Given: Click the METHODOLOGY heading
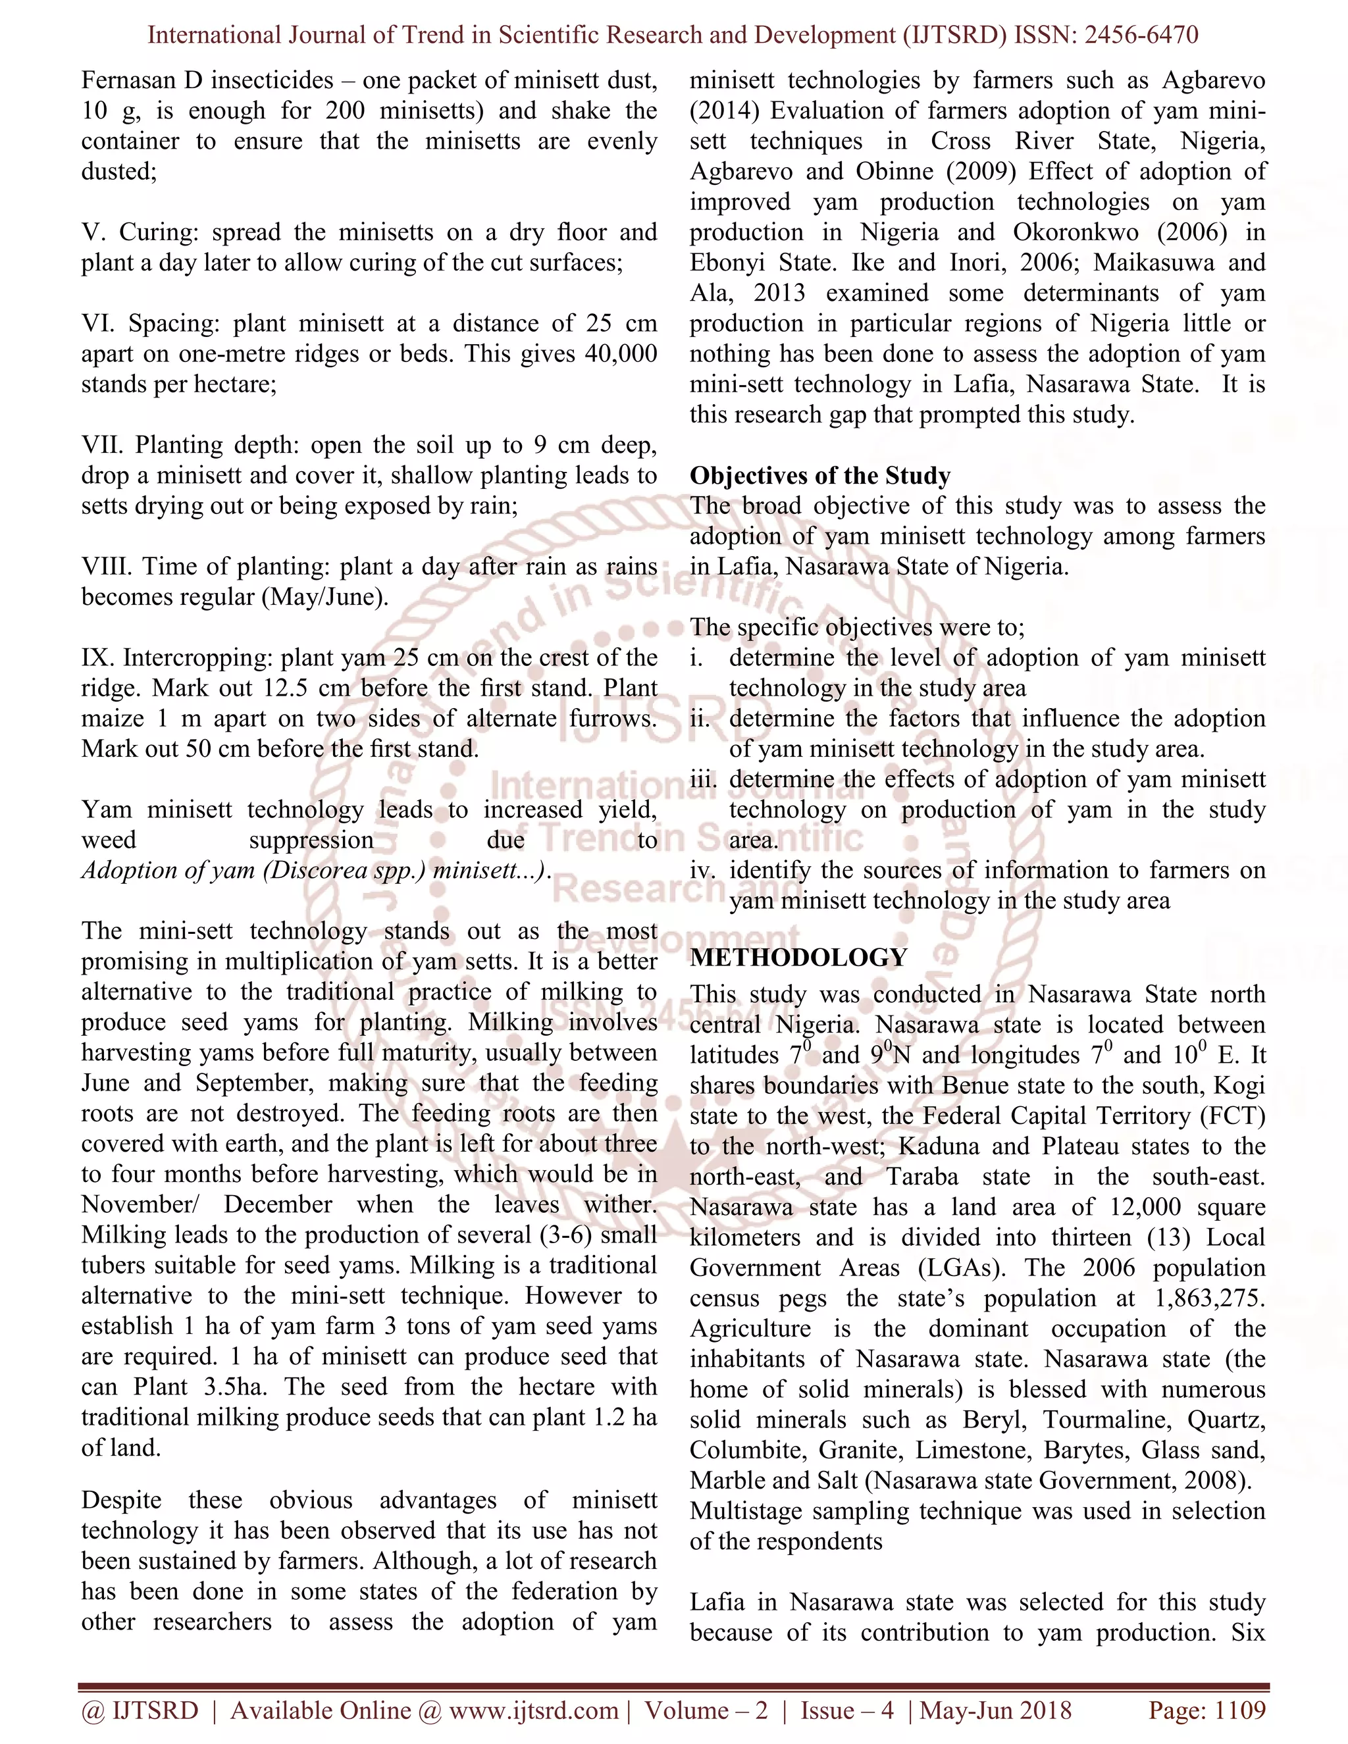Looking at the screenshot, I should click(x=798, y=958).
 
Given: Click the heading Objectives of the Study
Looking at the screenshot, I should click(x=819, y=476).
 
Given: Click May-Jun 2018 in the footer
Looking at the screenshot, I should click(x=995, y=1710).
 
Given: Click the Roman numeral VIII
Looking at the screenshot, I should click(x=107, y=567).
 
